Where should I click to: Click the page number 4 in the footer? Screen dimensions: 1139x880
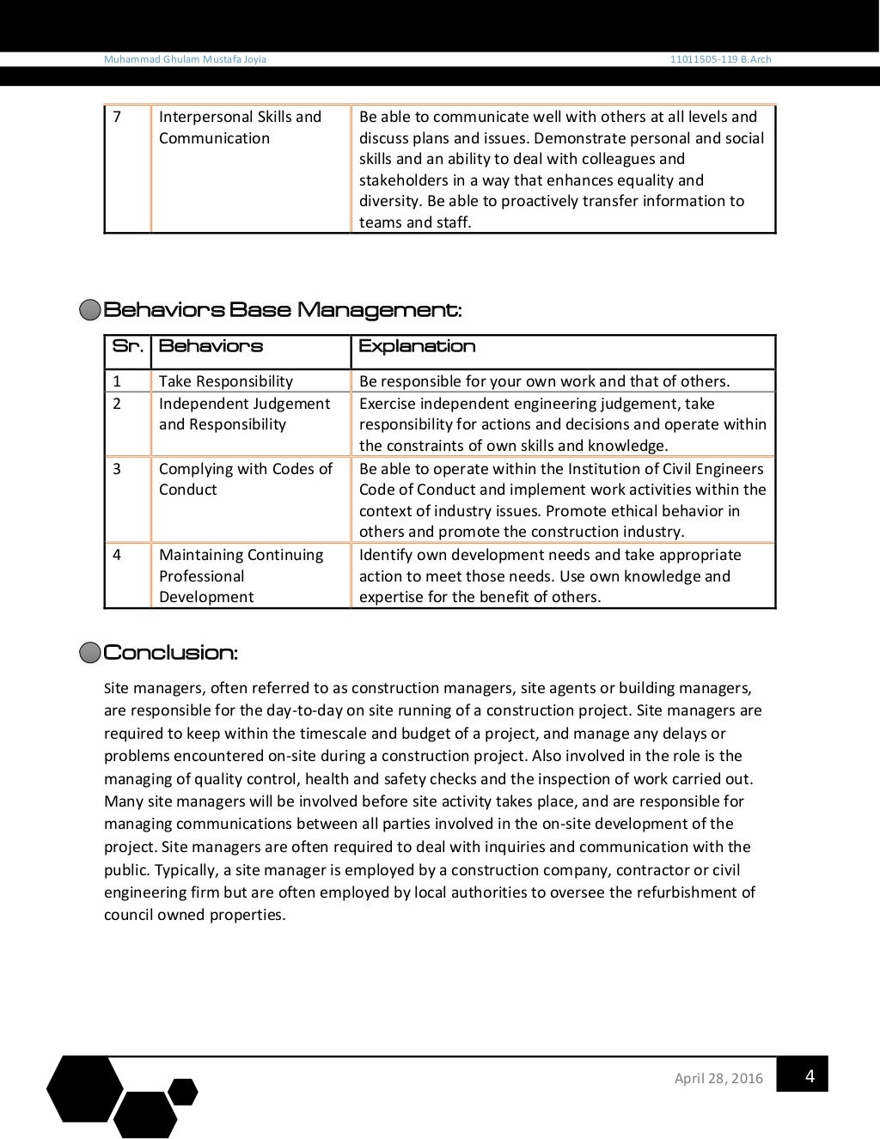(809, 1075)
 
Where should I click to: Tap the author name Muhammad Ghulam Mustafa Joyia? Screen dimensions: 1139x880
(185, 59)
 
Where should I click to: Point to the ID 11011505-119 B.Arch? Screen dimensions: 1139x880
(721, 59)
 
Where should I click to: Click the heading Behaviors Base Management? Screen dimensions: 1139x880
(282, 310)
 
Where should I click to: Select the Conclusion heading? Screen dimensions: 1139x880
(170, 653)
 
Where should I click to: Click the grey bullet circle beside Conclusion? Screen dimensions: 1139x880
(89, 653)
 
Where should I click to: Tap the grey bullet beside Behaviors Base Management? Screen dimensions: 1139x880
(89, 310)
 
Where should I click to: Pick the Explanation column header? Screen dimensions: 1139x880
(417, 346)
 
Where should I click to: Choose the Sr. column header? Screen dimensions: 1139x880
(127, 346)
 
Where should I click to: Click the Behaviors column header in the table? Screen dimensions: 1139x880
(211, 346)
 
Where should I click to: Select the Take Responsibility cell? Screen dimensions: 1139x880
(226, 381)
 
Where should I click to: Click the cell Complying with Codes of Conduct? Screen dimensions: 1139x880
(245, 479)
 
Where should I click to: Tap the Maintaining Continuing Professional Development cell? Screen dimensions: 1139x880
(241, 576)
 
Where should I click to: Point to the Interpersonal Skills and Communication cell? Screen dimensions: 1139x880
(240, 127)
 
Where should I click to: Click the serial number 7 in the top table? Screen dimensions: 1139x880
(118, 117)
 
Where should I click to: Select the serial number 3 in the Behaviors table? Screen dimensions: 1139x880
(118, 469)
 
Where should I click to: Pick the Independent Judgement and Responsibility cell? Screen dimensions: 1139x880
(244, 414)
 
